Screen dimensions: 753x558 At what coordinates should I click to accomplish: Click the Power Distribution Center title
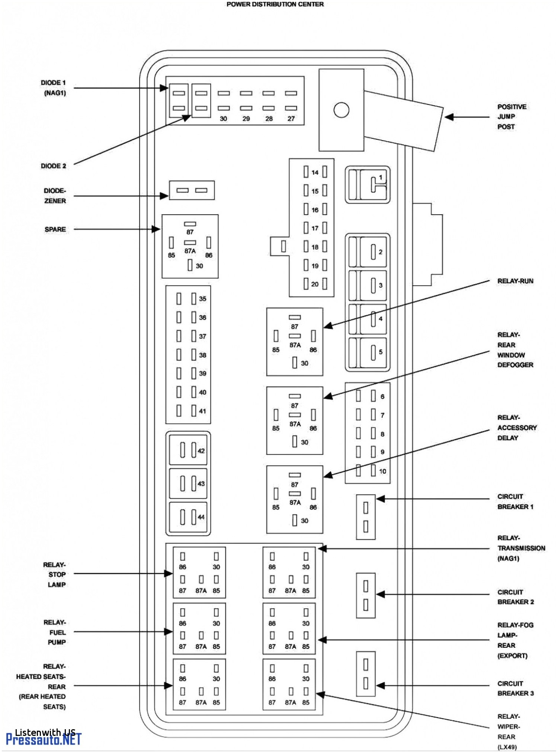(275, 4)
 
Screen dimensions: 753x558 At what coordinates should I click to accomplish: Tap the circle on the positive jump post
(341, 110)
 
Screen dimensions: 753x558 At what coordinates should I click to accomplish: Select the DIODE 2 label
(53, 166)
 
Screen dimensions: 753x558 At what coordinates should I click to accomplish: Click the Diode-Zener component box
(192, 190)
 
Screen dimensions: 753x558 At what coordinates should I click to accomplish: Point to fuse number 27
(291, 119)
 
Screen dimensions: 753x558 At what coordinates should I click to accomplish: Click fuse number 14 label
(315, 172)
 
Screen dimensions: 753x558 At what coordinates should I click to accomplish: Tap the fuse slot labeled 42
(188, 450)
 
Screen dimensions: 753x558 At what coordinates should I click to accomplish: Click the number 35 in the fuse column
(202, 299)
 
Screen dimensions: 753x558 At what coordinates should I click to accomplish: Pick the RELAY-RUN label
(515, 281)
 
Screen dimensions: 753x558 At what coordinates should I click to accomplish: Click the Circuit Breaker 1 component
(365, 517)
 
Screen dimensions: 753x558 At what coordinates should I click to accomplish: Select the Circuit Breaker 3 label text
(515, 688)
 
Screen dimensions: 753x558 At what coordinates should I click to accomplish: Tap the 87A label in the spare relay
(190, 251)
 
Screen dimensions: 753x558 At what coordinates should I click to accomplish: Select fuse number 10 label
(382, 471)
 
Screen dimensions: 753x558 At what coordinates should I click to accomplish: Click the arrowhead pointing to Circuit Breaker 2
(381, 594)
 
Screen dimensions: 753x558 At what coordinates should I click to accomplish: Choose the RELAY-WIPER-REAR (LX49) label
(508, 731)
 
